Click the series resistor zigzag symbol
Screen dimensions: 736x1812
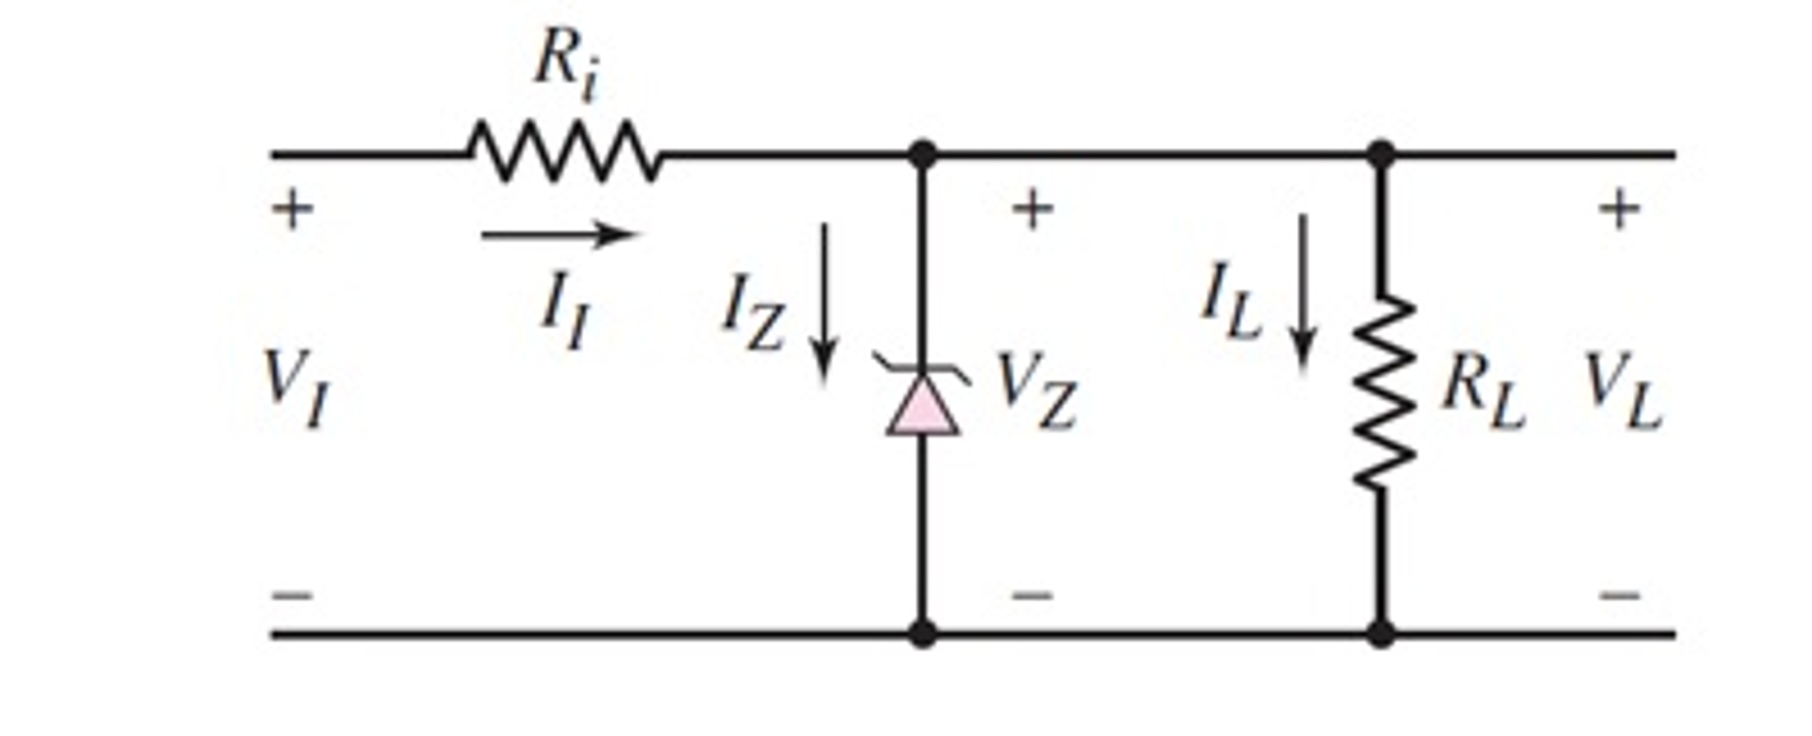pyautogui.click(x=564, y=152)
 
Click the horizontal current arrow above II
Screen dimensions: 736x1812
pyautogui.click(x=558, y=235)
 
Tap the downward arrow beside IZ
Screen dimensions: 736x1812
pyautogui.click(x=825, y=301)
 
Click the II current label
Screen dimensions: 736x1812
pyautogui.click(x=564, y=312)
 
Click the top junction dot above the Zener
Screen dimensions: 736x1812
pyautogui.click(x=922, y=154)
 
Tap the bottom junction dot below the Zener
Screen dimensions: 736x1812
pyautogui.click(x=922, y=633)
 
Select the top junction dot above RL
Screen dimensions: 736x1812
pyautogui.click(x=1380, y=154)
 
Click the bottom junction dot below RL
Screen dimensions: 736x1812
pyautogui.click(x=1380, y=633)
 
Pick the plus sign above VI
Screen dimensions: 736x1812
pyautogui.click(x=292, y=211)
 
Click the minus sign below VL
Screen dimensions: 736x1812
pyautogui.click(x=1620, y=595)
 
